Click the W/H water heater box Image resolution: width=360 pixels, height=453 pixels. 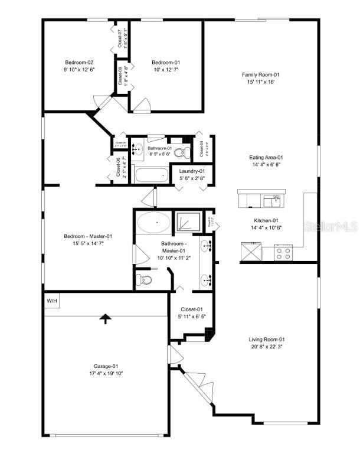(53, 301)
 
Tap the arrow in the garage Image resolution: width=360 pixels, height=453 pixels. (106, 319)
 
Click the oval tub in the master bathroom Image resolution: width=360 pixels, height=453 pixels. (153, 224)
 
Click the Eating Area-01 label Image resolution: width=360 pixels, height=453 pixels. (266, 158)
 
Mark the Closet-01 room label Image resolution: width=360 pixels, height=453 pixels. (191, 309)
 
